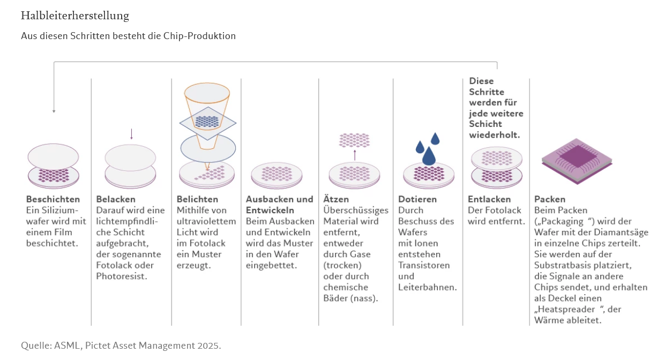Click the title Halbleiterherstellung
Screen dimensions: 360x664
75,16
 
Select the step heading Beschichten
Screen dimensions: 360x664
53,199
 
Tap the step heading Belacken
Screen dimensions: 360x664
116,199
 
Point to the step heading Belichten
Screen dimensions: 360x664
197,199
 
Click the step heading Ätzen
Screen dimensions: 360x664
336,199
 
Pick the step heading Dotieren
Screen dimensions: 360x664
417,199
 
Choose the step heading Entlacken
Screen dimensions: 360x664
489,199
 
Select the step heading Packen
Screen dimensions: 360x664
550,199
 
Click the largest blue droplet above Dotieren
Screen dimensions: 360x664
429,156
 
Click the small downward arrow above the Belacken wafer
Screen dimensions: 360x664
131,134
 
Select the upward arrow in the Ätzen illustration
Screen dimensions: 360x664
355,155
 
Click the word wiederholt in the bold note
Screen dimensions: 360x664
494,134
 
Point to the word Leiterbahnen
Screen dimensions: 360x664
427,287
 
